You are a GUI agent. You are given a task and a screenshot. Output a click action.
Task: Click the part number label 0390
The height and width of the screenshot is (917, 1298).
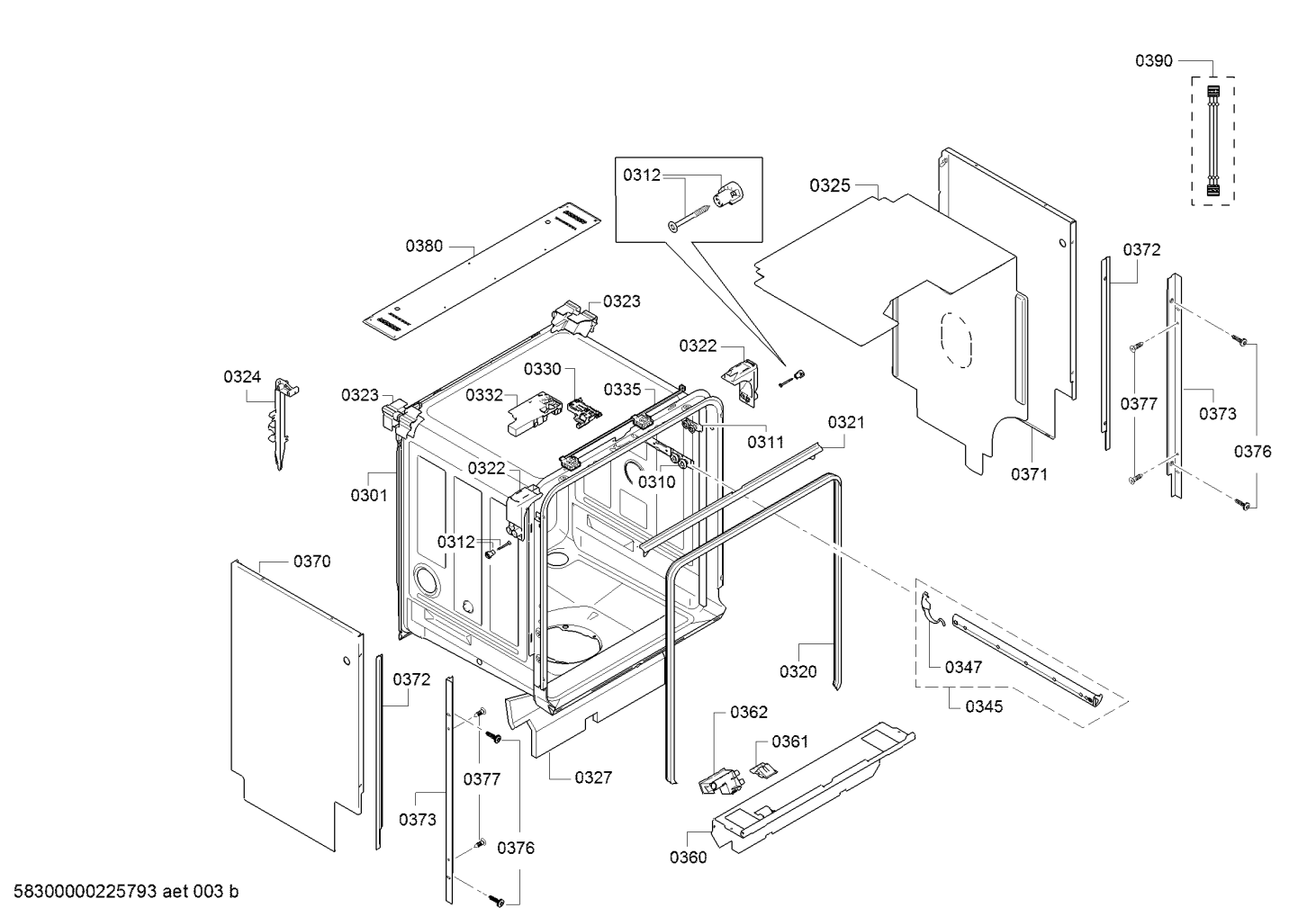point(1153,60)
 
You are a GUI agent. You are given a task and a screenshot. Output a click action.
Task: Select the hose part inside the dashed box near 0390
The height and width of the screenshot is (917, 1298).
point(1212,140)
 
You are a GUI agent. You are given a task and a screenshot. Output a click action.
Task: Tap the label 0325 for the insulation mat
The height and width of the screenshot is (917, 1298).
point(829,185)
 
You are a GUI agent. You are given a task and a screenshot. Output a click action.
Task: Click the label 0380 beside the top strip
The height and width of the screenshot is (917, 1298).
point(424,245)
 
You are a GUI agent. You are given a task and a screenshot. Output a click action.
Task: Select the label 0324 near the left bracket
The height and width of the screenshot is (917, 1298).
point(242,377)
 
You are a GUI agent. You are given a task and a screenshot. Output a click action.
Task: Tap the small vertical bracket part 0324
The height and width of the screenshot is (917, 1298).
point(282,423)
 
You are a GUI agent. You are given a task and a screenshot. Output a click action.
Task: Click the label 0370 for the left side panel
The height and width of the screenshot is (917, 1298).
point(311,562)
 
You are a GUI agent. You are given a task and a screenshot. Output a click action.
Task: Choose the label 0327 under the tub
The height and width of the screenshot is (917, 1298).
point(593,778)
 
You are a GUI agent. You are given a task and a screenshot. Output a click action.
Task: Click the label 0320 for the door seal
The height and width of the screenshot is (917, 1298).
point(798,670)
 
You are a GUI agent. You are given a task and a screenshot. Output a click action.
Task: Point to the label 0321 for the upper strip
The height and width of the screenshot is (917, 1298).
point(845,421)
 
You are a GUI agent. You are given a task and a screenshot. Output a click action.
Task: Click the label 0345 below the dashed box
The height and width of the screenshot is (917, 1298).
point(984,706)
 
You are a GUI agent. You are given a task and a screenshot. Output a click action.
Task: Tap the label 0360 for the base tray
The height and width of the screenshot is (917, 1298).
point(688,857)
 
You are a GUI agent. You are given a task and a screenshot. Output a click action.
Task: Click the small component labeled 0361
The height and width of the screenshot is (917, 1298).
point(762,768)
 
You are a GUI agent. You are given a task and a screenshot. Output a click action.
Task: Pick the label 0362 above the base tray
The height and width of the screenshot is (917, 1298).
point(748,713)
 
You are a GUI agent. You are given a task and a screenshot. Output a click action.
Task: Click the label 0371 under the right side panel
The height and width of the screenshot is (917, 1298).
point(1029,474)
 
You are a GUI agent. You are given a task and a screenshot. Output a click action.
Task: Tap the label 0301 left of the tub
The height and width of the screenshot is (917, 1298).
point(368,495)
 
